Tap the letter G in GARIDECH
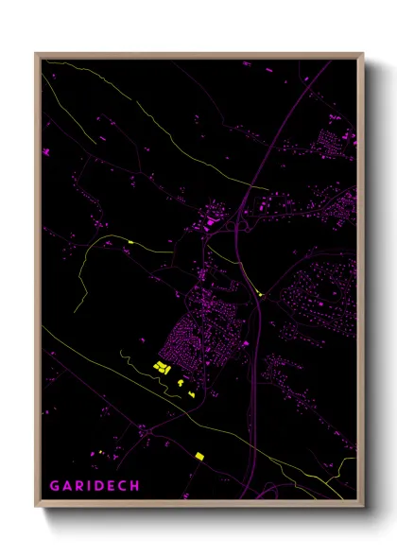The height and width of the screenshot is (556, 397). [x=54, y=486]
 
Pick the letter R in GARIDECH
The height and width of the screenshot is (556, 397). [x=79, y=486]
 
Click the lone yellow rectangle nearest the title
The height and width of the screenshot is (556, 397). [x=199, y=457]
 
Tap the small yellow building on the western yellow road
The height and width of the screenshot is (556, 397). [x=129, y=243]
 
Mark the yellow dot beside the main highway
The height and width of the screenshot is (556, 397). [x=260, y=294]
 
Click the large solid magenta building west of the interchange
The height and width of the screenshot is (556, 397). [x=209, y=224]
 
